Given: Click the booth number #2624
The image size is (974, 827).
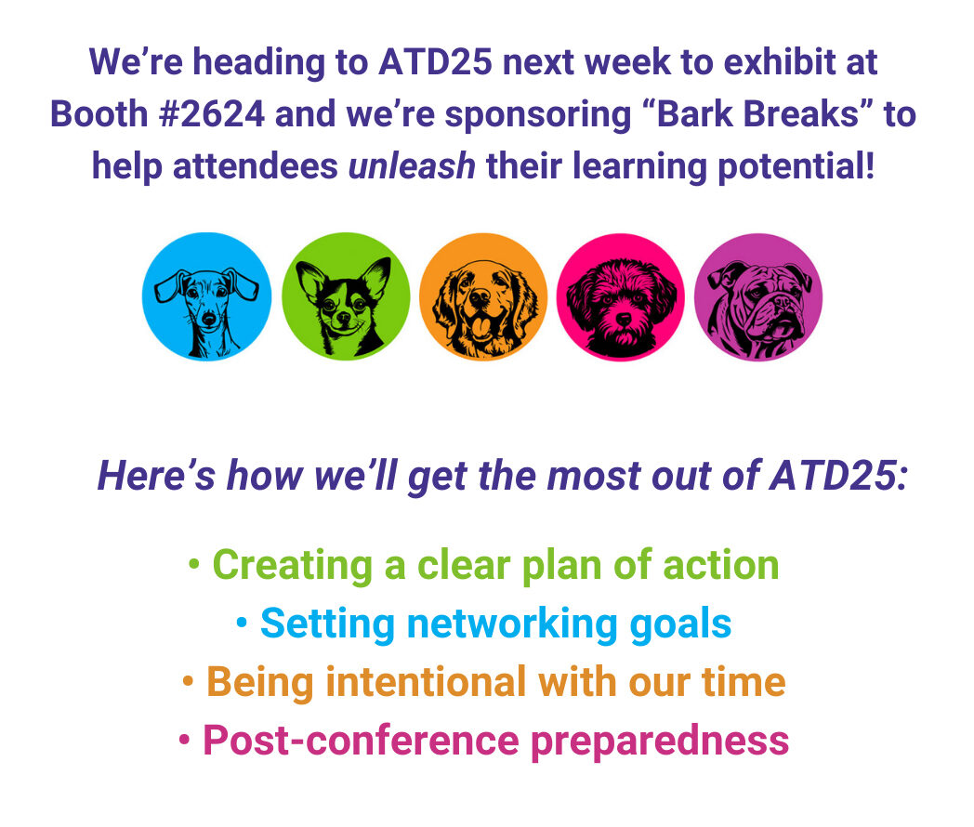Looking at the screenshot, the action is point(212,115).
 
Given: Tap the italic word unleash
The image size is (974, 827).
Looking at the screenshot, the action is point(412,166).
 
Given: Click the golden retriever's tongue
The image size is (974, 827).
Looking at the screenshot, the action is point(481,326).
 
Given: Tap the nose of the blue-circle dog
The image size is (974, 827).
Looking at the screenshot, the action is point(209,320).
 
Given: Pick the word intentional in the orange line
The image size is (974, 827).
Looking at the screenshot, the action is point(426,682).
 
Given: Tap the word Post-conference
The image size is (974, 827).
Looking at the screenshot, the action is point(361,741).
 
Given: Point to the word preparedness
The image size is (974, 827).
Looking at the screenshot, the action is point(660,742).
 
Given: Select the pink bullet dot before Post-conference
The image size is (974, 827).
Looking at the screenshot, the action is point(185,740).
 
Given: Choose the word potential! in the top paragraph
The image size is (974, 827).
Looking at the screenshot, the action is point(796,167).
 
